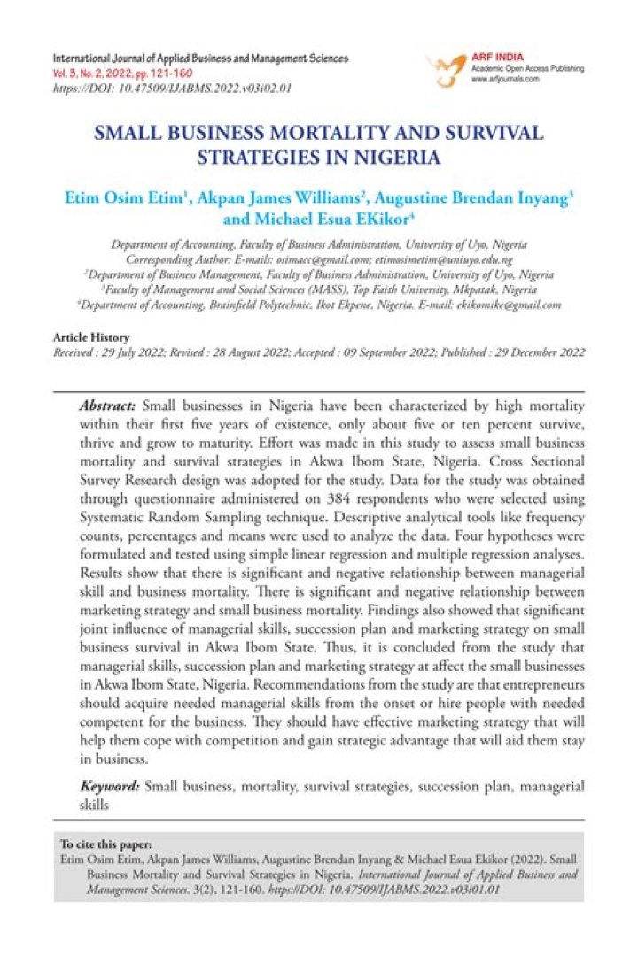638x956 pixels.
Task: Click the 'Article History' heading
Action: point(91,337)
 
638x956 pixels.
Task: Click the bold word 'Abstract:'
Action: point(109,405)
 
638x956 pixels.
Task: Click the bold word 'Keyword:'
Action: point(110,785)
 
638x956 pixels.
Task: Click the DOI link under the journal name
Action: point(173,89)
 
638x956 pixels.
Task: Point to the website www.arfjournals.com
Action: point(506,79)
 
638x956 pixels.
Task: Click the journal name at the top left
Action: point(201,58)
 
